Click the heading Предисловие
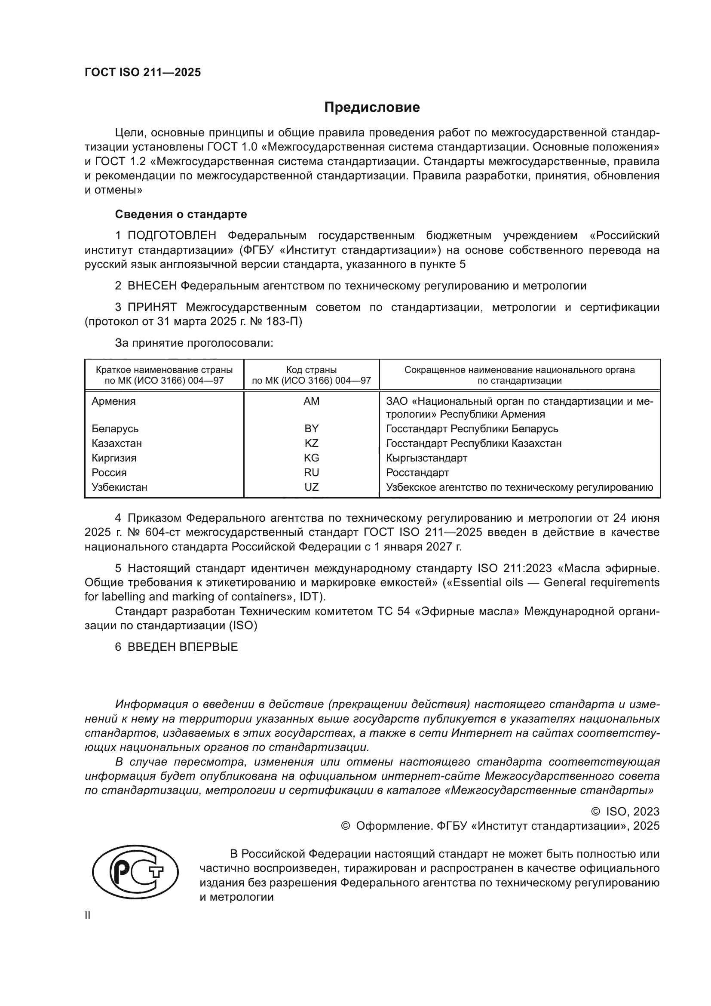pyautogui.click(x=372, y=108)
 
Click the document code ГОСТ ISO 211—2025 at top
pyautogui.click(x=143, y=72)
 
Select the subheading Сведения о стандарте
pyautogui.click(x=181, y=214)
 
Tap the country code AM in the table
pyautogui.click(x=311, y=401)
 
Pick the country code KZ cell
pyautogui.click(x=311, y=443)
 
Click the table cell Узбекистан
pyautogui.click(x=119, y=487)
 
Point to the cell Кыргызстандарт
pyautogui.click(x=426, y=458)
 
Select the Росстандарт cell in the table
pyautogui.click(x=417, y=472)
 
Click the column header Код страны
pyautogui.click(x=311, y=369)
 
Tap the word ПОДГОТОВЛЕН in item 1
pyautogui.click(x=172, y=236)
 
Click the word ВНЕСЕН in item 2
pyautogui.click(x=152, y=286)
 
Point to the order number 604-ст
pyautogui.click(x=162, y=532)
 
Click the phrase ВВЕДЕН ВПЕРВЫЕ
pyautogui.click(x=183, y=647)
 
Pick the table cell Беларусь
pyautogui.click(x=115, y=428)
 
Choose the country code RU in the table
pyautogui.click(x=311, y=472)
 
